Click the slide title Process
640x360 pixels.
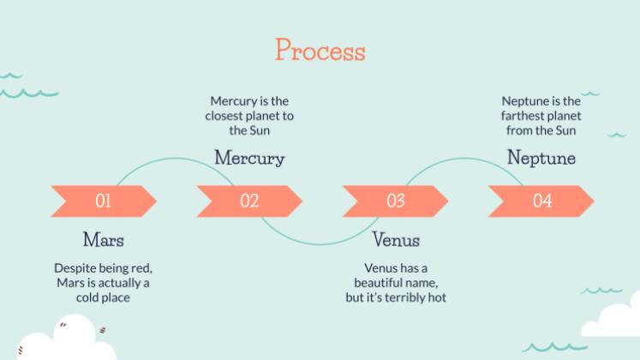click(x=320, y=50)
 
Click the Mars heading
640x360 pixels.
click(x=103, y=239)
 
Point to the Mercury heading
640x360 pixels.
click(x=249, y=158)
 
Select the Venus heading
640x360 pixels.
click(x=395, y=239)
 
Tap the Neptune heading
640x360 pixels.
click(x=541, y=158)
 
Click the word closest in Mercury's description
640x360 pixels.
click(x=226, y=116)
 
